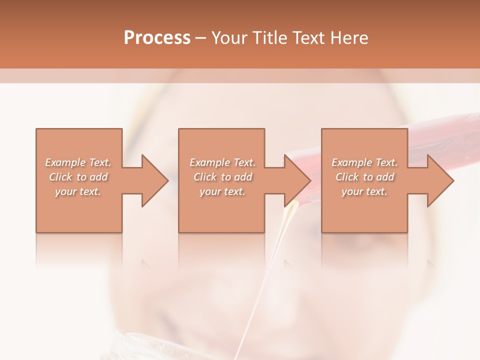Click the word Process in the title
[x=157, y=38]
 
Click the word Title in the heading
[x=270, y=38]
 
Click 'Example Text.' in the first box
[x=78, y=162]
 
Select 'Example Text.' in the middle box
[x=222, y=162]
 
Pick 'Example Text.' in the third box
[x=364, y=162]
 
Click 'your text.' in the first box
[x=78, y=191]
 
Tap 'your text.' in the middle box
[x=222, y=191]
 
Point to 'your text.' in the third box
[x=364, y=191]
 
